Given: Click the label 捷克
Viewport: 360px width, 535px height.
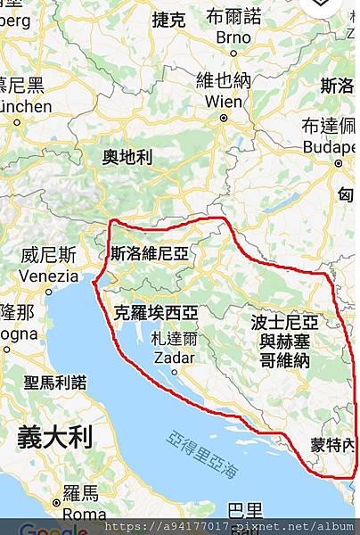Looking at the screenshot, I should (169, 19).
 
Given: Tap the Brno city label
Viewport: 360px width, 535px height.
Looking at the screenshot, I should (233, 38).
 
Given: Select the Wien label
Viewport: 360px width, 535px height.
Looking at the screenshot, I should (223, 102).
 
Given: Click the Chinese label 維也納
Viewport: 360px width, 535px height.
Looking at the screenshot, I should (223, 81).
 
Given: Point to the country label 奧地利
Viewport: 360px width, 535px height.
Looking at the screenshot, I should (127, 158).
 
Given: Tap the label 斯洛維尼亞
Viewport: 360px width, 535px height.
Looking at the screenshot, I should (150, 253).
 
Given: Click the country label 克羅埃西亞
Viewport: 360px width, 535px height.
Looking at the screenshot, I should (156, 312).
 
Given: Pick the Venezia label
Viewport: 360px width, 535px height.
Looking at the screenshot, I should (48, 276).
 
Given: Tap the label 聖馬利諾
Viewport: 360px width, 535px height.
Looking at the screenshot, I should (55, 383).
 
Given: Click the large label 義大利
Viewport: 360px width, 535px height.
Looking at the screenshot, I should (54, 438).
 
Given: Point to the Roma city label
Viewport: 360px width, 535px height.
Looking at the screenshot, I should (85, 514).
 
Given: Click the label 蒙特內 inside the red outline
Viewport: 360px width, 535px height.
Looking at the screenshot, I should (331, 446).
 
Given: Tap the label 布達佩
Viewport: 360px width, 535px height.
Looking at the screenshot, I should (329, 126).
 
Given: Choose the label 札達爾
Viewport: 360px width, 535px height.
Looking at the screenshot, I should (174, 339).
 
